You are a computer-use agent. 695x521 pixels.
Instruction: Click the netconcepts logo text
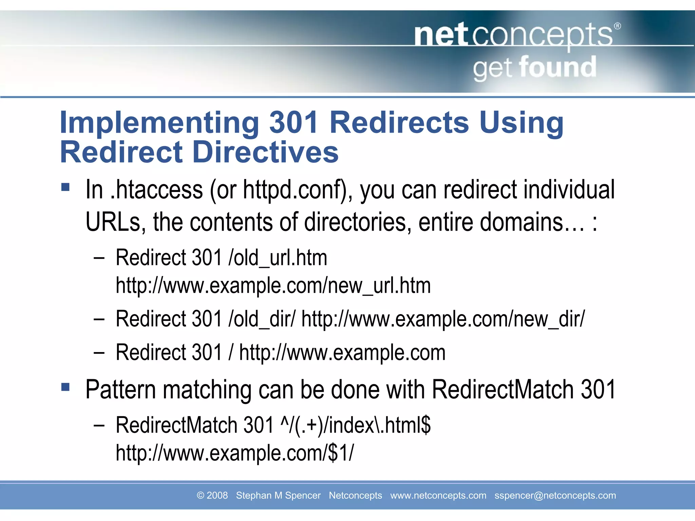[x=513, y=36]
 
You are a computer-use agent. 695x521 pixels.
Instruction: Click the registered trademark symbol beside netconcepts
[x=618, y=26]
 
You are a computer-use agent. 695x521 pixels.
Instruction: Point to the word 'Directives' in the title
[x=266, y=152]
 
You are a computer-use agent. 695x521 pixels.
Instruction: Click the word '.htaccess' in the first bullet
[x=157, y=190]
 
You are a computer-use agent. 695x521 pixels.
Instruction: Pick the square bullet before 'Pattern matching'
[x=65, y=387]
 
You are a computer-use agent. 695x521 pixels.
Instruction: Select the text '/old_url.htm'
[x=278, y=258]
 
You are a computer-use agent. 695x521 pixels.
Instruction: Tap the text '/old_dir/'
[x=262, y=319]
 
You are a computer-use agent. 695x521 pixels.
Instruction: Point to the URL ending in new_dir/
[x=443, y=319]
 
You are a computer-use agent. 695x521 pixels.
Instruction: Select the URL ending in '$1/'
[x=234, y=453]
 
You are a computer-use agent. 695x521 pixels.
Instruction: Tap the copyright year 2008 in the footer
[x=217, y=496]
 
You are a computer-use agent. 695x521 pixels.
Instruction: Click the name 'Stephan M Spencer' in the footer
[x=278, y=496]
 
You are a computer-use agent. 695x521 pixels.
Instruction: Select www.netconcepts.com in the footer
[x=438, y=496]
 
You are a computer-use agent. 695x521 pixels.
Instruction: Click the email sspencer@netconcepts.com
[x=555, y=496]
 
